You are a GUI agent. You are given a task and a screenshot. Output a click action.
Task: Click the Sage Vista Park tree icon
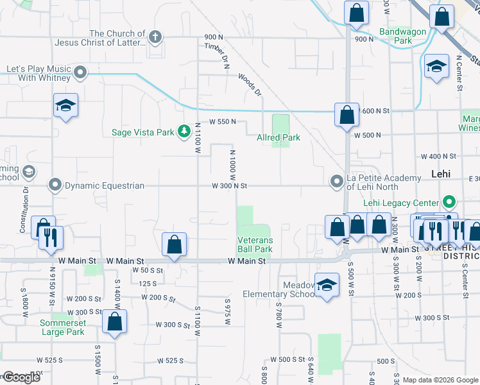coord(184,132)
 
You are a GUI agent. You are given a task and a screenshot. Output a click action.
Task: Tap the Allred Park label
coord(279,137)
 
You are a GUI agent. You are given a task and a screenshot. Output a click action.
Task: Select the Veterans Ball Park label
coord(255,244)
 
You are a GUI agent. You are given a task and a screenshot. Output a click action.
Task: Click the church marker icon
coord(155,38)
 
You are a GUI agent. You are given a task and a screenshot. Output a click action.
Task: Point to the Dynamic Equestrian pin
coord(56,185)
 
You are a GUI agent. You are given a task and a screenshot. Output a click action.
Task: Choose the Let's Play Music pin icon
coord(80,73)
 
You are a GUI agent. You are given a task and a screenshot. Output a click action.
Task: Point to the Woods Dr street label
coord(250,84)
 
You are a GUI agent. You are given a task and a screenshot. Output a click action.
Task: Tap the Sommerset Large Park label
coord(62,327)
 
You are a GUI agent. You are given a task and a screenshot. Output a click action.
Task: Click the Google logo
coord(21,377)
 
